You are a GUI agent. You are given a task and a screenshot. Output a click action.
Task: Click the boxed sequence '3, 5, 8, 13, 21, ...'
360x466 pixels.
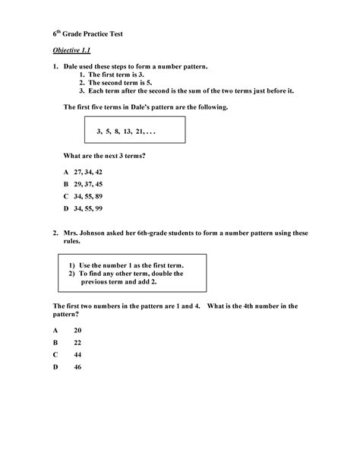(126, 132)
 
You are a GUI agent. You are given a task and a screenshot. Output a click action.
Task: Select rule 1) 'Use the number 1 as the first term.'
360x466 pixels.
(128, 265)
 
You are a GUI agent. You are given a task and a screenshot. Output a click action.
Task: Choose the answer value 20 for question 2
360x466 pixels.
(77, 331)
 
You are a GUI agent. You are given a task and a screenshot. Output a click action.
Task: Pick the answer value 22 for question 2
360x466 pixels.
(77, 342)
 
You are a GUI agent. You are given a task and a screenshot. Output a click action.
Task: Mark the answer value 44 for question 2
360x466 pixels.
(77, 354)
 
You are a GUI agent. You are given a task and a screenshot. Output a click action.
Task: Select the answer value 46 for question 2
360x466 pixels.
(77, 367)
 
